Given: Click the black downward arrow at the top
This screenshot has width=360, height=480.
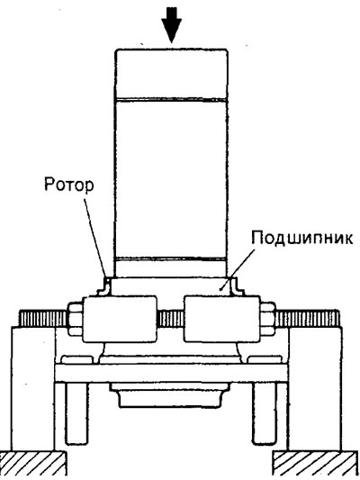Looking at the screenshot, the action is pyautogui.click(x=172, y=25).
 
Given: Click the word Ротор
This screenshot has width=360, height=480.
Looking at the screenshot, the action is pyautogui.click(x=69, y=185).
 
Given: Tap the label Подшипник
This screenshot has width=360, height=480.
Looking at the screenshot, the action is pyautogui.click(x=301, y=238).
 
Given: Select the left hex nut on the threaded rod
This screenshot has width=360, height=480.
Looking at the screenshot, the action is pyautogui.click(x=75, y=319).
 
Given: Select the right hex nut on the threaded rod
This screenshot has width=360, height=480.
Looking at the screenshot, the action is pyautogui.click(x=268, y=319).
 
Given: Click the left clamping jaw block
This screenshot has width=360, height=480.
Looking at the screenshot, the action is pyautogui.click(x=120, y=319).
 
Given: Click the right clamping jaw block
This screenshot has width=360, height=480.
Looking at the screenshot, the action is pyautogui.click(x=222, y=319).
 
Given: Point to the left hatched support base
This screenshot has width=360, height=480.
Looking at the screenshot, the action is pyautogui.click(x=33, y=463).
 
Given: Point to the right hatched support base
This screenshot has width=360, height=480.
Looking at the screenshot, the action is pyautogui.click(x=315, y=463).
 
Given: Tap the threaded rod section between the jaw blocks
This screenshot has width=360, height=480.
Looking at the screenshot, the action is pyautogui.click(x=170, y=319).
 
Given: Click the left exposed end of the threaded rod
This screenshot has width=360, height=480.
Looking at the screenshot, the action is pyautogui.click(x=43, y=319).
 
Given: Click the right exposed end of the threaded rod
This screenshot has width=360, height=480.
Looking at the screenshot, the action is pyautogui.click(x=308, y=319).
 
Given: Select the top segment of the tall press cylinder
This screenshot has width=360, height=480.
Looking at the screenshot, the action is pyautogui.click(x=171, y=74).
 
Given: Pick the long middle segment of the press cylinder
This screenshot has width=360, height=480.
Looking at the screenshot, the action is pyautogui.click(x=171, y=179).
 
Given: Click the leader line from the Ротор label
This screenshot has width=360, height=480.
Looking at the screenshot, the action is pyautogui.click(x=94, y=237).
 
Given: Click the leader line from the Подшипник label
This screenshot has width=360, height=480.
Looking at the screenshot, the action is pyautogui.click(x=238, y=268).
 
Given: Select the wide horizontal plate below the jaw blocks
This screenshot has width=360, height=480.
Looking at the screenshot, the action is pyautogui.click(x=171, y=373).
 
